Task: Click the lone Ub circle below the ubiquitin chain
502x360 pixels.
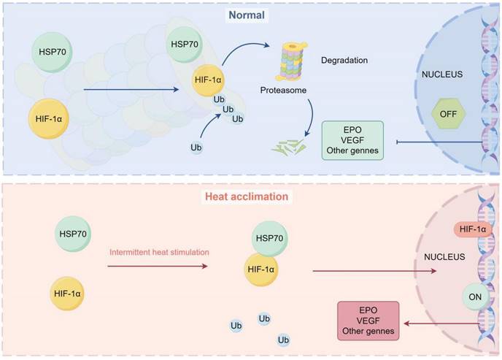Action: coord(196,148)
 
